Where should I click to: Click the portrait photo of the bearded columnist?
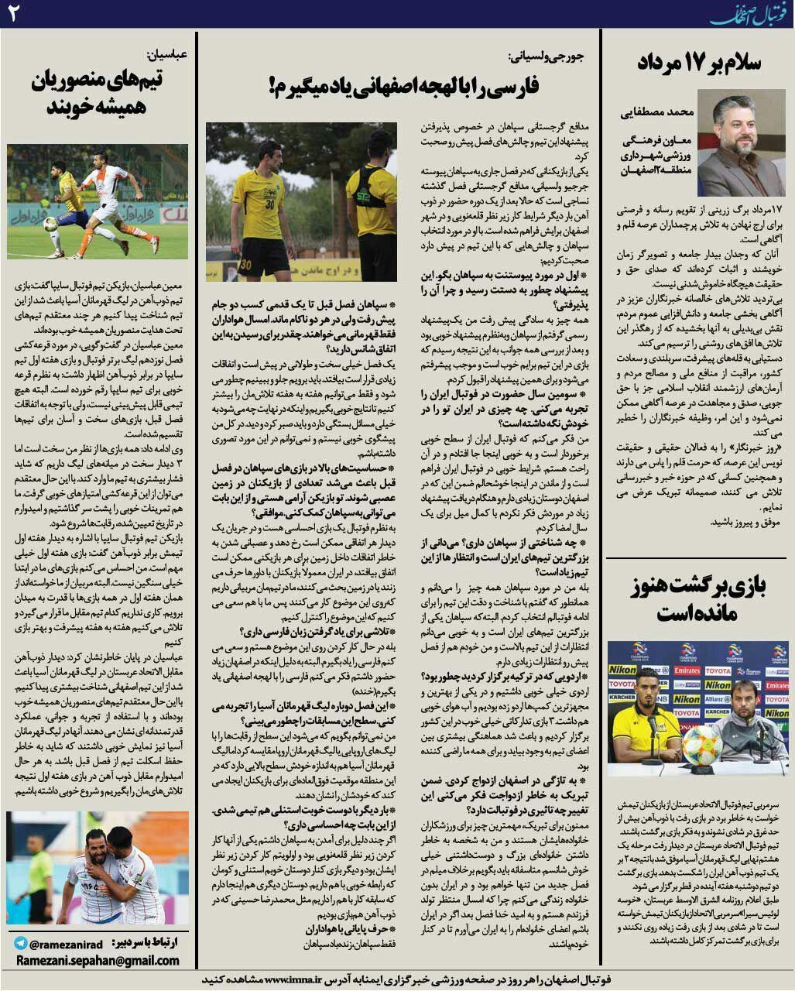coord(741,142)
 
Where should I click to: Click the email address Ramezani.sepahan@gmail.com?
coord(98,961)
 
